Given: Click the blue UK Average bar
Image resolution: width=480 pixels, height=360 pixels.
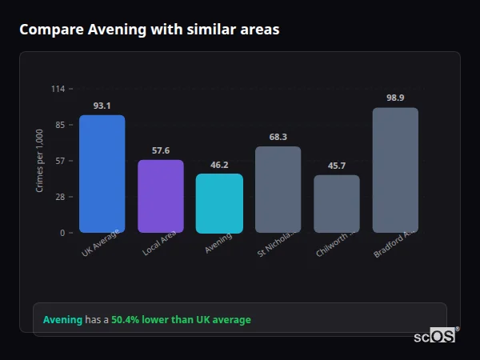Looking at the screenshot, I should tap(102, 174).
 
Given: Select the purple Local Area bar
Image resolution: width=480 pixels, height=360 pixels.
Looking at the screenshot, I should tap(160, 196).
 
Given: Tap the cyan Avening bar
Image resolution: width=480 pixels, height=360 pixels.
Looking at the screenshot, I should tap(219, 203).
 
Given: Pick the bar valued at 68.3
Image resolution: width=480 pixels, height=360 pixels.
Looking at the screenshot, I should tap(278, 190).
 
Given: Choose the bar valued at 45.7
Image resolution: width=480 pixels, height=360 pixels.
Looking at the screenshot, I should tap(336, 204).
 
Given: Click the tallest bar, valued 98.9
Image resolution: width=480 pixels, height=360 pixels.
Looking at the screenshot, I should tap(395, 170).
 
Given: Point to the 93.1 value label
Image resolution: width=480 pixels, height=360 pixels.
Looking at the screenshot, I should tap(102, 106).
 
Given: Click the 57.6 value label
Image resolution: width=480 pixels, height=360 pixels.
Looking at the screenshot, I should tap(160, 150).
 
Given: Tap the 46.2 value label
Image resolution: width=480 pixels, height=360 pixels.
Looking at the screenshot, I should tap(219, 165).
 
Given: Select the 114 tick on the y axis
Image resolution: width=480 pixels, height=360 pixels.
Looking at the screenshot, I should tap(58, 89).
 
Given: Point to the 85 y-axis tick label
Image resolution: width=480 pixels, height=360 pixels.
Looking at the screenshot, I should tap(59, 125).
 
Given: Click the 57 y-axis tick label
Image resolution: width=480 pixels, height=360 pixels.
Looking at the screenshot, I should tap(59, 161).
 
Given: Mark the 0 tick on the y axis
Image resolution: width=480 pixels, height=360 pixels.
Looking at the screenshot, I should tap(62, 233).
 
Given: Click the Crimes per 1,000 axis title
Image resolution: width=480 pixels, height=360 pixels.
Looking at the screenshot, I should tap(39, 161).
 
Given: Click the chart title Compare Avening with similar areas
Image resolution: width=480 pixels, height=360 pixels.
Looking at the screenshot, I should tap(150, 30).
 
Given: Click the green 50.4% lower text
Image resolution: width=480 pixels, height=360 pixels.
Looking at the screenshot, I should tap(181, 320).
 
